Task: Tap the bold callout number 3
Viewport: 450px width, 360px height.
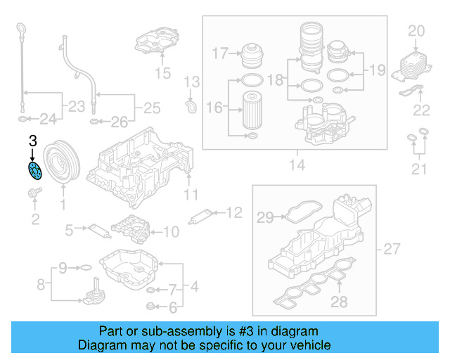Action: [x=32, y=142]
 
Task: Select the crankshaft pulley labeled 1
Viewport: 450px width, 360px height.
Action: [x=62, y=163]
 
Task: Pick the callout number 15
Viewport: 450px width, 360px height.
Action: [x=162, y=72]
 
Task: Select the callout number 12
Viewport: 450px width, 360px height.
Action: [x=233, y=212]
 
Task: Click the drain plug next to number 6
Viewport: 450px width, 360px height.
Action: [x=150, y=306]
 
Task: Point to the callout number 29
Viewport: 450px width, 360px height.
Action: [x=264, y=219]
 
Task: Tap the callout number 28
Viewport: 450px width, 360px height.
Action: [x=339, y=302]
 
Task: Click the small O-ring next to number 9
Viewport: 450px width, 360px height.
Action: [x=84, y=267]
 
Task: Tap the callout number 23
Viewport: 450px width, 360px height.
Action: [x=75, y=107]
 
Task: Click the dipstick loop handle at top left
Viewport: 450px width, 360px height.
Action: [x=20, y=32]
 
